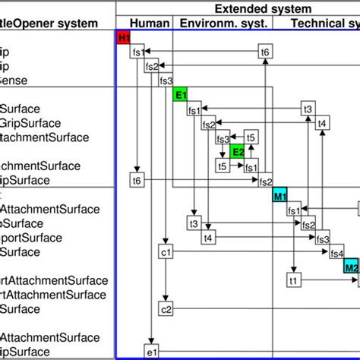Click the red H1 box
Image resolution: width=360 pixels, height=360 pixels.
tap(123, 37)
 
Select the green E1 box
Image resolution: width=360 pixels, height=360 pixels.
tap(180, 95)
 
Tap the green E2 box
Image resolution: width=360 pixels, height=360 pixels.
tap(238, 152)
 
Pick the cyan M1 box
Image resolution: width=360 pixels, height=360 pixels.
tap(279, 196)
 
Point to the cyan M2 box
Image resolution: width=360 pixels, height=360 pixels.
tap(351, 267)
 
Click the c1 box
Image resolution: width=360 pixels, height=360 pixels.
tap(166, 252)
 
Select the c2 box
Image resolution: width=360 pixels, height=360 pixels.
tap(166, 309)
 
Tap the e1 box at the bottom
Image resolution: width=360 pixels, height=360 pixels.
tap(151, 351)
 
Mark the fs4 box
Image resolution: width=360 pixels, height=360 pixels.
tap(336, 253)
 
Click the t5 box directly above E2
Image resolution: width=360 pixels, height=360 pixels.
tap(251, 137)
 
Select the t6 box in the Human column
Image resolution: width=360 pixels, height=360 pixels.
tap(137, 181)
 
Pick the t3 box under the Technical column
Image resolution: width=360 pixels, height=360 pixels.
tap(308, 109)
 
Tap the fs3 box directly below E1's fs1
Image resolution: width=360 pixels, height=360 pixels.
tap(223, 138)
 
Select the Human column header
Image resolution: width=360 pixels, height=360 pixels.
tap(144, 24)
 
